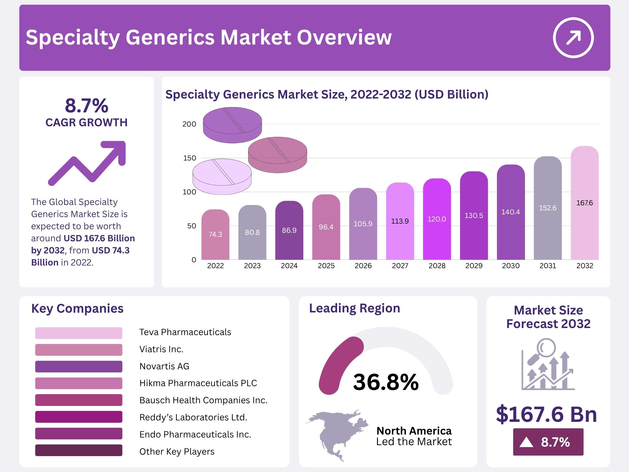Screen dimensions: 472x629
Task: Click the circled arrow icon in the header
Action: [x=573, y=37]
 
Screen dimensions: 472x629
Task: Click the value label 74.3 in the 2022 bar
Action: [x=215, y=235]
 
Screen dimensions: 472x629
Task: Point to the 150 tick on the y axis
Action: [x=190, y=158]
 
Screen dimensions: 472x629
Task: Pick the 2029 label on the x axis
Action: [x=474, y=266]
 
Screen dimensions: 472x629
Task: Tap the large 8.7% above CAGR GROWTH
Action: [x=86, y=106]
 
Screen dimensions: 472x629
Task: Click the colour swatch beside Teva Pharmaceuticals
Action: [x=78, y=333]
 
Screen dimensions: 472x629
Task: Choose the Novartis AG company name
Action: [x=164, y=366]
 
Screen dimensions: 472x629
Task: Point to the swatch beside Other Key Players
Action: [x=78, y=450]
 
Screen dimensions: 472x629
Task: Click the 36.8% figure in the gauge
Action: [x=386, y=382]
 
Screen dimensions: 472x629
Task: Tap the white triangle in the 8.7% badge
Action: [x=526, y=442]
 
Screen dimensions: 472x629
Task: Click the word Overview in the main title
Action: [x=344, y=37]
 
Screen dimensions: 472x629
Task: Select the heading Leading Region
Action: [x=354, y=308]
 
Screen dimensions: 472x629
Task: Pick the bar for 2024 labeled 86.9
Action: [x=289, y=230]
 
